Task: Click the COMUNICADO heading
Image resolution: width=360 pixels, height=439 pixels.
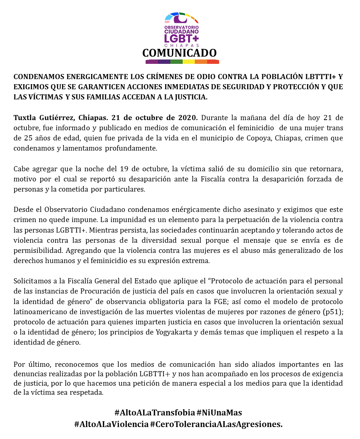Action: [x=179, y=53]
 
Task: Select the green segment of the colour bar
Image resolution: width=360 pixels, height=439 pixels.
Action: [x=176, y=62]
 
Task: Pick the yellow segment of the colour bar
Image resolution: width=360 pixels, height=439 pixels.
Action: [x=188, y=62]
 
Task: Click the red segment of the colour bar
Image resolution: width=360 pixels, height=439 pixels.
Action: [x=213, y=62]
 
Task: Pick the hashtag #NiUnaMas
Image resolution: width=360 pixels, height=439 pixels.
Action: [x=219, y=413]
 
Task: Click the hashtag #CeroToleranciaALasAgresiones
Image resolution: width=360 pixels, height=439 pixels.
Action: [x=216, y=424]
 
